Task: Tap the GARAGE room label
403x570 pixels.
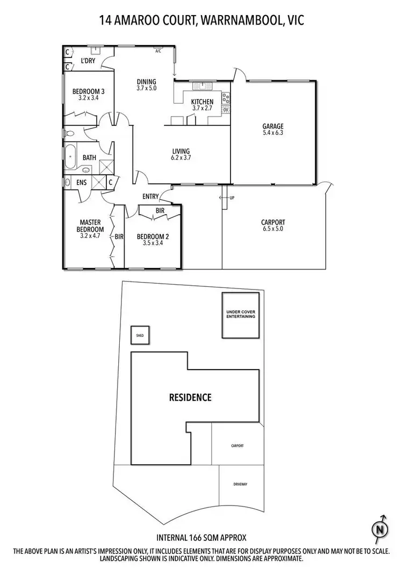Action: coord(272,127)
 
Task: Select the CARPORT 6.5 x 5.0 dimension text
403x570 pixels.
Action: coord(272,229)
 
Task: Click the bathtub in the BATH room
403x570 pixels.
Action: coord(71,157)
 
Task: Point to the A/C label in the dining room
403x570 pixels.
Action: coord(159,52)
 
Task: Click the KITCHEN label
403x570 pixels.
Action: coord(203,102)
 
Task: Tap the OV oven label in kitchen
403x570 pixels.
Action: coord(226,110)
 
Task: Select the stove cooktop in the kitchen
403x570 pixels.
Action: coord(226,98)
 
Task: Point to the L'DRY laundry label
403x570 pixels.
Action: coord(88,61)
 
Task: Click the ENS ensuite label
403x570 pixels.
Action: coord(81,183)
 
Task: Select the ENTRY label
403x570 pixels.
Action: coord(150,197)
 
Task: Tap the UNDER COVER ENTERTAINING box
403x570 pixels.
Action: coord(241,315)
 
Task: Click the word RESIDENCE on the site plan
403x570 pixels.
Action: coord(190,398)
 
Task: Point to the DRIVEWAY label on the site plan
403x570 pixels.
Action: coord(240,484)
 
